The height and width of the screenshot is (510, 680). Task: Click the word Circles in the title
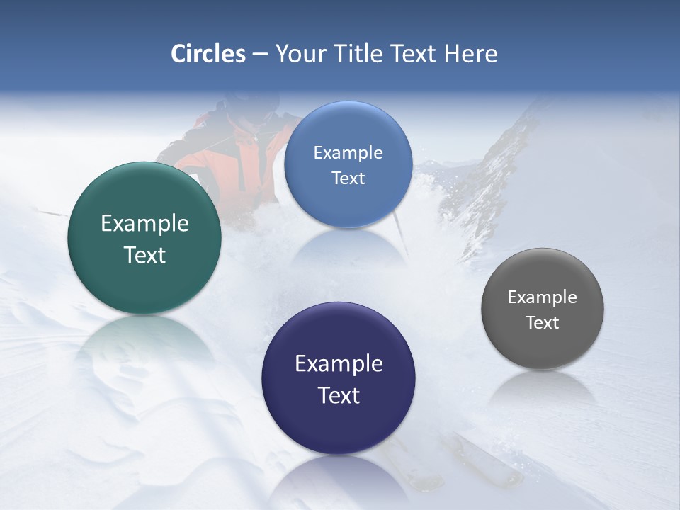[x=208, y=54]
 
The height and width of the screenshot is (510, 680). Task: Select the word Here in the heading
[x=470, y=54]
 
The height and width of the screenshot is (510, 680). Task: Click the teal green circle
[x=144, y=238]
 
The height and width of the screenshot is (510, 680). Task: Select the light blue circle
[x=348, y=164]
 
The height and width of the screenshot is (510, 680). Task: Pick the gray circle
[x=543, y=309]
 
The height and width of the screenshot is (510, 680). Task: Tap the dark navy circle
[x=339, y=378]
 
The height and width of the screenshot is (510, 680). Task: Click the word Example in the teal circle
[x=144, y=224]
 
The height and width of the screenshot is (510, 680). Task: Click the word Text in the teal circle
[x=144, y=255]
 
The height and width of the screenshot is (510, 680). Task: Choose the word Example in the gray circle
[x=543, y=297]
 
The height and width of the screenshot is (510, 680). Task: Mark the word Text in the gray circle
[x=543, y=323]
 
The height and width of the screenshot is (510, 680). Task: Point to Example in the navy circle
[x=339, y=364]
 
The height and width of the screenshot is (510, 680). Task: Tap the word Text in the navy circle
[x=339, y=395]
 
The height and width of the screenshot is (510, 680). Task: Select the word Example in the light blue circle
[x=348, y=153]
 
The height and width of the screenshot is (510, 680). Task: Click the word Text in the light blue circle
[x=348, y=178]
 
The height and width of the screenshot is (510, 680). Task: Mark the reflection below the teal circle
[x=144, y=340]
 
